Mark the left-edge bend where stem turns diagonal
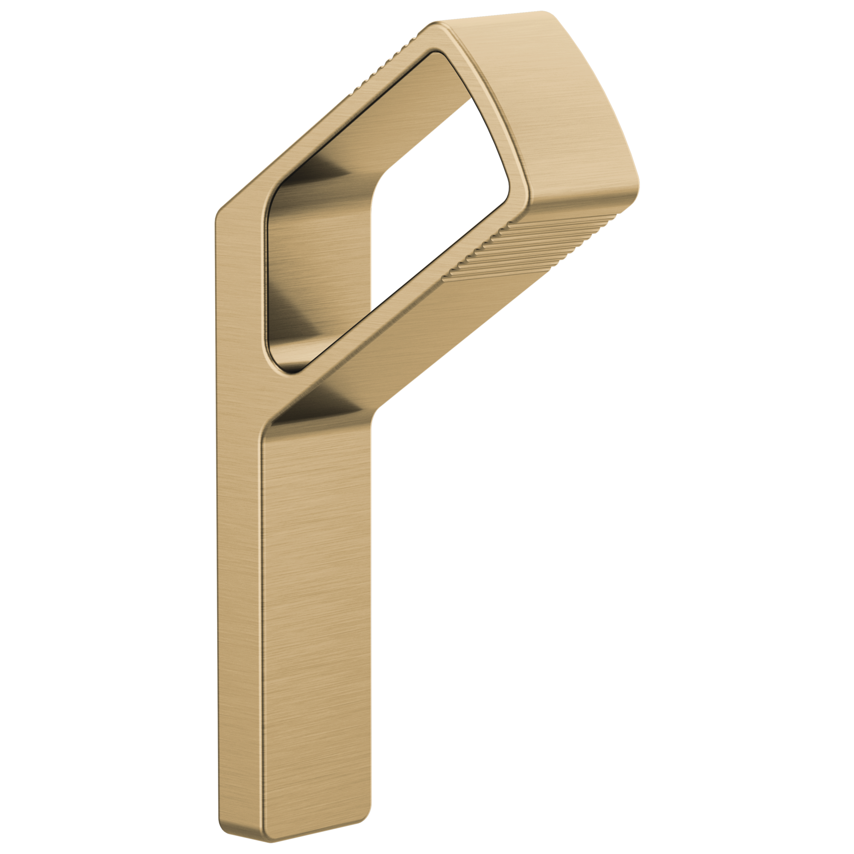coord(216,216)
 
